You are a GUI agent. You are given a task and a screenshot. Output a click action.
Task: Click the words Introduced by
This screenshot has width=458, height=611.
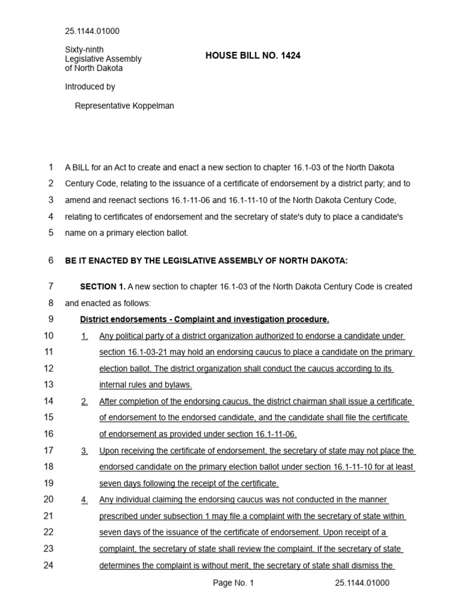coord(90,87)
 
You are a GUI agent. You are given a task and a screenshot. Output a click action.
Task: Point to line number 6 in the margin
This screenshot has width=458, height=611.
coord(51,260)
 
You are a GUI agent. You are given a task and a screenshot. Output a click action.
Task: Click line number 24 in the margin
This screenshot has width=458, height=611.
coord(48,566)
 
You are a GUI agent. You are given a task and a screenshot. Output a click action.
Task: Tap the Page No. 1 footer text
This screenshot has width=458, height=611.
coord(233,583)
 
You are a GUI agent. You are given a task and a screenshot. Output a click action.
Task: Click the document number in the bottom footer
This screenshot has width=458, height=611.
coord(362,583)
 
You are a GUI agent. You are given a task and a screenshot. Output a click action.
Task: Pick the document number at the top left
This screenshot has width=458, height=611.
coord(92,31)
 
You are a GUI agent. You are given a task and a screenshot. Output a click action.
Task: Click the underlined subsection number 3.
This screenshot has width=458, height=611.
coord(85,451)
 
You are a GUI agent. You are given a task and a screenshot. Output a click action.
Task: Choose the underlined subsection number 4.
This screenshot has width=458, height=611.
coord(85,499)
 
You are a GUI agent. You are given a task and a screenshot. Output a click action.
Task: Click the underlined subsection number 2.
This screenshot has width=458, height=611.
coord(85,402)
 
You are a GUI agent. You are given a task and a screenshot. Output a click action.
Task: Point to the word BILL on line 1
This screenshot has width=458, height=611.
coord(83,167)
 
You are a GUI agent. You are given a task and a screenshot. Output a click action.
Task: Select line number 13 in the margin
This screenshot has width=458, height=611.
coord(48,384)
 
